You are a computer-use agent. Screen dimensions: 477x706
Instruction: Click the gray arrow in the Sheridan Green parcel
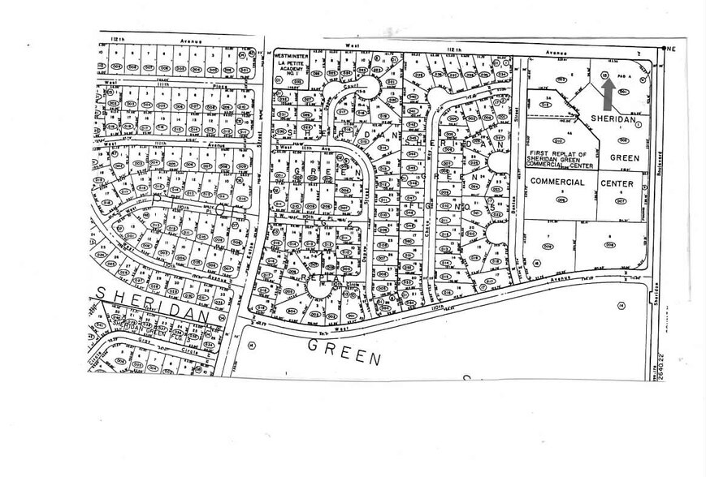pyautogui.click(x=608, y=95)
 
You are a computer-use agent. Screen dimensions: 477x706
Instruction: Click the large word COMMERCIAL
pyautogui.click(x=558, y=182)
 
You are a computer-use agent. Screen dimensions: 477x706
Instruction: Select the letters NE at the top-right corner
pyautogui.click(x=672, y=48)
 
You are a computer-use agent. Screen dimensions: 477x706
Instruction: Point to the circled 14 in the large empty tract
pyautogui.click(x=620, y=305)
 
